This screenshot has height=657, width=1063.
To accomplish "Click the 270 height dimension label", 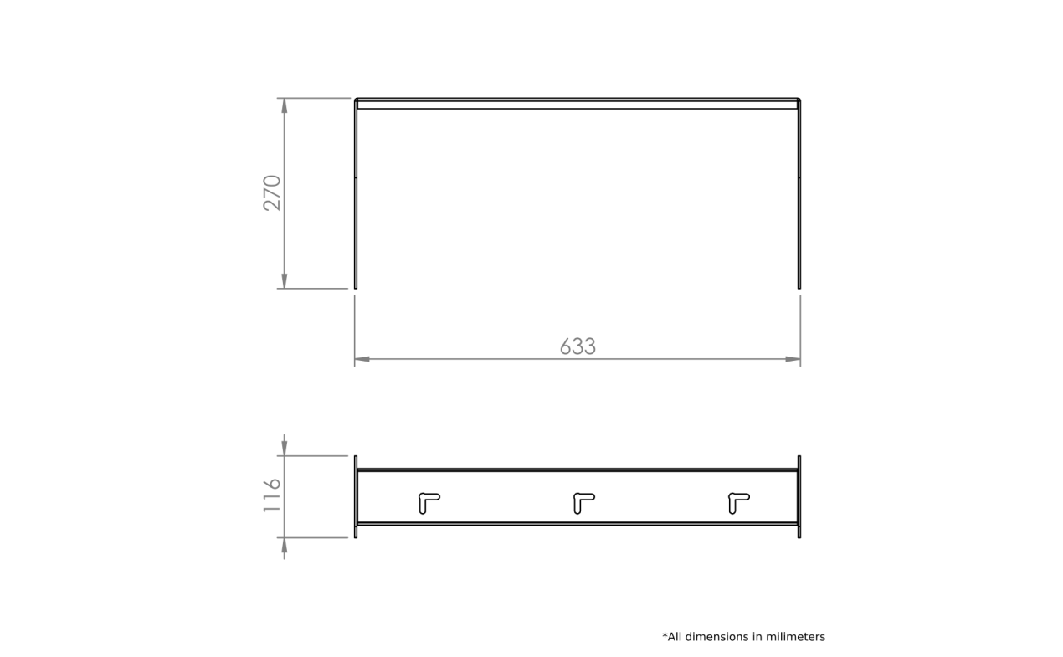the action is pyautogui.click(x=272, y=193).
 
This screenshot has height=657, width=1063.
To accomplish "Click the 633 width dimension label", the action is pyautogui.click(x=578, y=346).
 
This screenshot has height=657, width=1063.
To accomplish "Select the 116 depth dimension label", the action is pyautogui.click(x=272, y=495).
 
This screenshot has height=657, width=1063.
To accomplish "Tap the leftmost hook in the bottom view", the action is pyautogui.click(x=429, y=502).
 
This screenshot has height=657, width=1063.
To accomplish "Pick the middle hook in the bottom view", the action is pyautogui.click(x=583, y=502).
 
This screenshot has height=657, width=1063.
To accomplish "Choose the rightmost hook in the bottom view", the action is pyautogui.click(x=738, y=502).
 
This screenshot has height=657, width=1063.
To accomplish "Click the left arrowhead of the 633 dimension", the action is pyautogui.click(x=362, y=359).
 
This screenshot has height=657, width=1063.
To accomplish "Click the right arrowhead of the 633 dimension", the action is pyautogui.click(x=793, y=359).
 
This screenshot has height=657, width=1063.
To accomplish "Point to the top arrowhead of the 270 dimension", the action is pyautogui.click(x=285, y=105).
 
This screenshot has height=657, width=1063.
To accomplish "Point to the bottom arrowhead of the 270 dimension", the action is pyautogui.click(x=285, y=281).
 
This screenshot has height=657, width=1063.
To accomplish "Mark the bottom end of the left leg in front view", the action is pyautogui.click(x=356, y=288).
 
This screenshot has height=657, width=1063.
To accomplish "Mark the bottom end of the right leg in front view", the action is pyautogui.click(x=799, y=288).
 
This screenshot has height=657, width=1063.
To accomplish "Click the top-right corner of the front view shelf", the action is pyautogui.click(x=800, y=99).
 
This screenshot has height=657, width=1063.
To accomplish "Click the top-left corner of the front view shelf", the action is pyautogui.click(x=355, y=99).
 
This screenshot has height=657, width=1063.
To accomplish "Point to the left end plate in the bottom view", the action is pyautogui.click(x=356, y=496).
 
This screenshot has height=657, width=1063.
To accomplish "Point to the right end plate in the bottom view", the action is pyautogui.click(x=799, y=496).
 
